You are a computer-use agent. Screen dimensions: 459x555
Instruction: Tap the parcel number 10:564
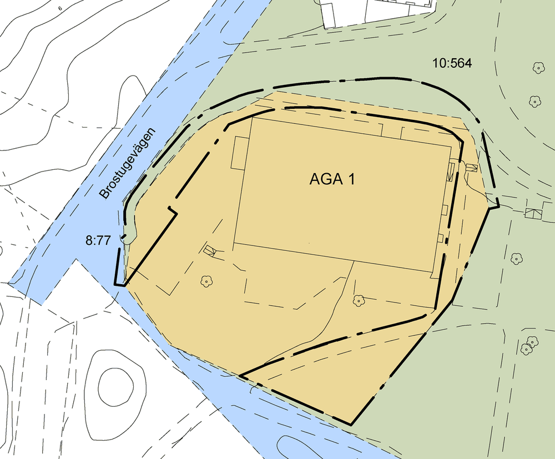[452, 64]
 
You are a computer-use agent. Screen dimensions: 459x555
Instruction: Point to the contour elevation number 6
[60, 8]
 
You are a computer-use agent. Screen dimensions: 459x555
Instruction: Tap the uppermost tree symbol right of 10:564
[538, 68]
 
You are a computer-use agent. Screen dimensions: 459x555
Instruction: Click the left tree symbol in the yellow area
[206, 281]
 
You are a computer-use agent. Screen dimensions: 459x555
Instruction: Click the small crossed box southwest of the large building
[209, 250]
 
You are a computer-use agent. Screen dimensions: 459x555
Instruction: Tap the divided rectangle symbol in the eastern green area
[534, 213]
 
